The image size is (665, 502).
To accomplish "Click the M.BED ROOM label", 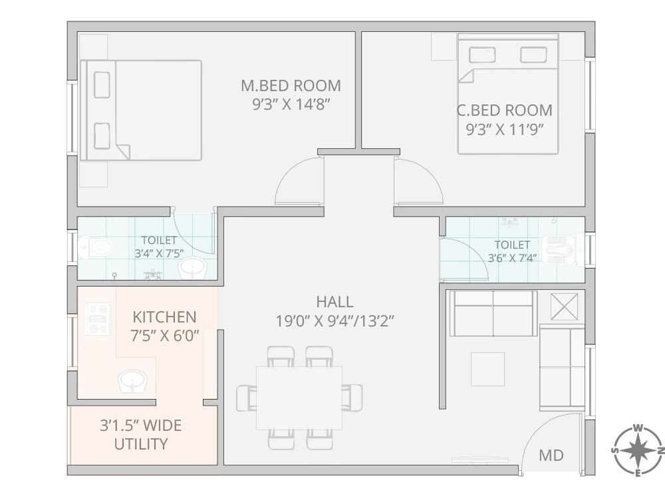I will click(x=291, y=86).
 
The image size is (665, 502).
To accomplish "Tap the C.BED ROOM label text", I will click(x=504, y=110).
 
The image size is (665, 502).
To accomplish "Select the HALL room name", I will click(x=335, y=303).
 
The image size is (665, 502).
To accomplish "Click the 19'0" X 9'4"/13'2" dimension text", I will click(x=335, y=322).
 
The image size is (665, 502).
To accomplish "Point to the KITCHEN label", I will click(x=164, y=316).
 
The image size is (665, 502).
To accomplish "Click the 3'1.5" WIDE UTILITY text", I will click(x=140, y=434).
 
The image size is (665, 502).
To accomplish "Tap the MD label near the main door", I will click(x=551, y=455).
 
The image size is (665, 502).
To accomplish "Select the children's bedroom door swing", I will click(x=416, y=180).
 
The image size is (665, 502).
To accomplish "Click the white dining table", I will click(x=299, y=398).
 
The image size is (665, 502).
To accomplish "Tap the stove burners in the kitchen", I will click(x=98, y=318).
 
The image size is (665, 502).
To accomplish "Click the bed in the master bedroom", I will click(x=141, y=110).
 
